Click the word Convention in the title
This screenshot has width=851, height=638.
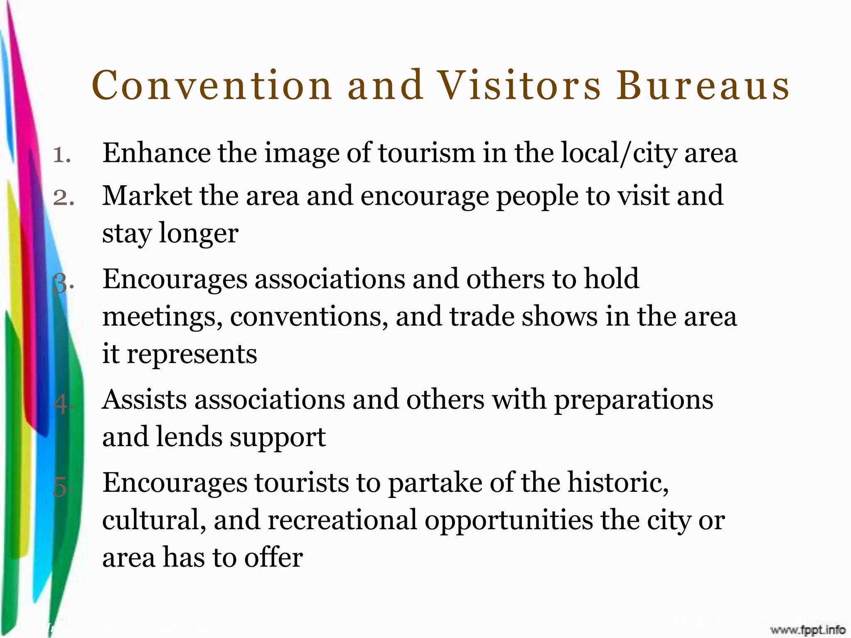(212, 86)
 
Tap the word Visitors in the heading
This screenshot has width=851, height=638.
(519, 86)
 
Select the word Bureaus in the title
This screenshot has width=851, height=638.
(703, 86)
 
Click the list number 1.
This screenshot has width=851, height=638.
(62, 155)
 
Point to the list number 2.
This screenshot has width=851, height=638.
(64, 198)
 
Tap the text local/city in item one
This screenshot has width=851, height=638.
(619, 153)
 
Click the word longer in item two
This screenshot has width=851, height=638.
(199, 234)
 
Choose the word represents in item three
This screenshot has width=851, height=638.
(192, 354)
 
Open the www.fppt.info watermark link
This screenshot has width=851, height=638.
(808, 630)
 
